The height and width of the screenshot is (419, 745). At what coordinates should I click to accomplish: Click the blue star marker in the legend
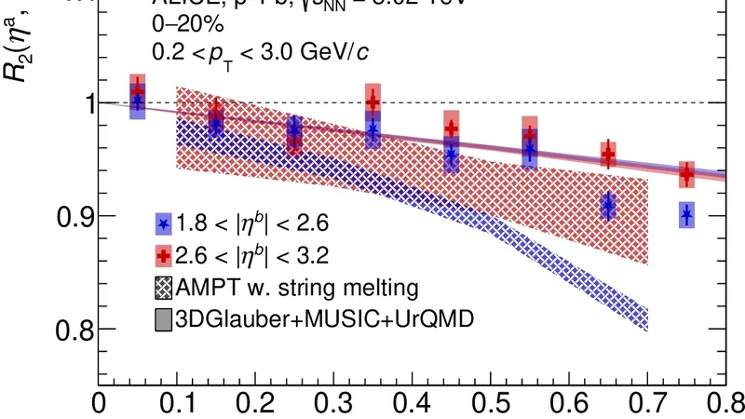164,224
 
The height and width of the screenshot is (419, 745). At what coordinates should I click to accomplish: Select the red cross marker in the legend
164,256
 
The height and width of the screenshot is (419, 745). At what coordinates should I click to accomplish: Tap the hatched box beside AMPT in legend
164,287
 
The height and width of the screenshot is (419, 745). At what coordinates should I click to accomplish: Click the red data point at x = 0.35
373,101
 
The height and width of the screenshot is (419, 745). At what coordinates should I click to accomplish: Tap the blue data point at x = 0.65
608,206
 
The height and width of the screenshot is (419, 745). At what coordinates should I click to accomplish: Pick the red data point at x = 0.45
452,128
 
